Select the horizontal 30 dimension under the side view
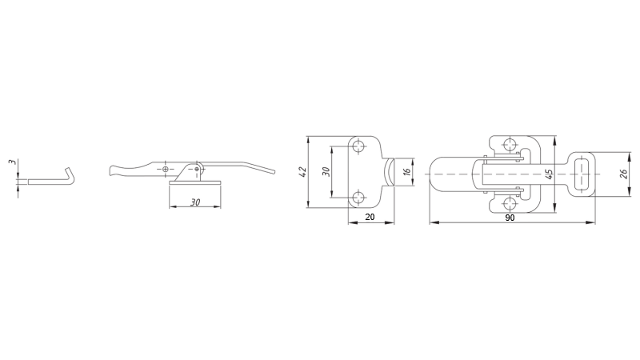click(x=195, y=202)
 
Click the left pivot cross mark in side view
click(x=165, y=170)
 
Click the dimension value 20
click(x=369, y=217)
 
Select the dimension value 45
click(x=549, y=174)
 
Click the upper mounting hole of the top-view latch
click(x=508, y=145)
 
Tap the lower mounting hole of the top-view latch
click(x=508, y=200)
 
